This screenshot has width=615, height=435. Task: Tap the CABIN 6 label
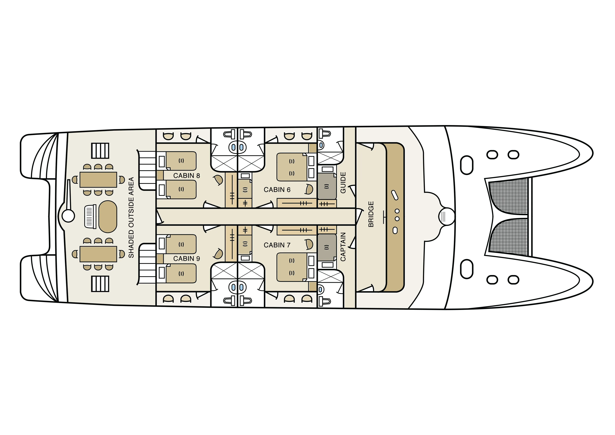pyautogui.click(x=277, y=190)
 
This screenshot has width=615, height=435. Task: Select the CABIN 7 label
pyautogui.click(x=277, y=245)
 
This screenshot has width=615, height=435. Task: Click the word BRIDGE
pyautogui.click(x=371, y=214)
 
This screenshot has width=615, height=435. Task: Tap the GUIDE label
pyautogui.click(x=343, y=183)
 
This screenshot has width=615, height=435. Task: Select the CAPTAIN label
pyautogui.click(x=343, y=247)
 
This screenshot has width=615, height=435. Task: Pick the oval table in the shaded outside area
pyautogui.click(x=108, y=217)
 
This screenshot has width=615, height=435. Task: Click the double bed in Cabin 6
pyautogui.click(x=292, y=167)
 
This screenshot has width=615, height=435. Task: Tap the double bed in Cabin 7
pyautogui.click(x=292, y=267)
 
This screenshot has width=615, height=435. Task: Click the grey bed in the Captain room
pyautogui.click(x=327, y=247)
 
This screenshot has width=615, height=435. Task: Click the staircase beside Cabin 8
pyautogui.click(x=147, y=170)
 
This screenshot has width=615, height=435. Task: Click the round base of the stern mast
pyautogui.click(x=68, y=216)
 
